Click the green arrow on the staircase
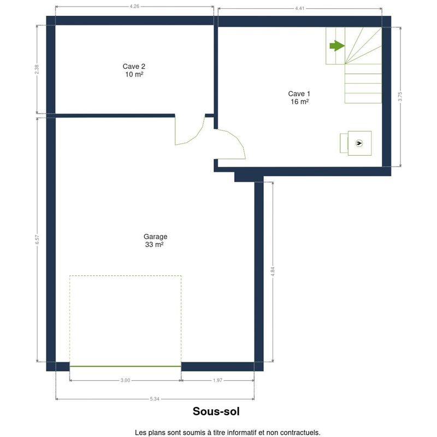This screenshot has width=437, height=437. coord(337,46)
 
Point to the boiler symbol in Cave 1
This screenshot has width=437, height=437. coord(359,143)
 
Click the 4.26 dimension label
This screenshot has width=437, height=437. coord(134,6)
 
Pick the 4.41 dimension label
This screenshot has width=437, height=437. coord(299,8)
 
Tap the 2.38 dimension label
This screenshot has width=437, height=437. coord(37,69)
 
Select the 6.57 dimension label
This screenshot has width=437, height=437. coord(37,240)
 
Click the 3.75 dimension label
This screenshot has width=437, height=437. coord(400,97)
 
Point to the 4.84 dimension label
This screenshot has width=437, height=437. coord(273,271)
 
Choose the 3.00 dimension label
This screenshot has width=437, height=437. coord(125,380)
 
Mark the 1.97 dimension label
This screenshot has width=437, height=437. coord(217,380)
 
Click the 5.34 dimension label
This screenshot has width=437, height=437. coord(155,399)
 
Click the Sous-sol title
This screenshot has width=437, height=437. coord(216,411)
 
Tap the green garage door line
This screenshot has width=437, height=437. coord(125,366)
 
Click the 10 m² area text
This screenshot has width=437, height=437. coord(134,74)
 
